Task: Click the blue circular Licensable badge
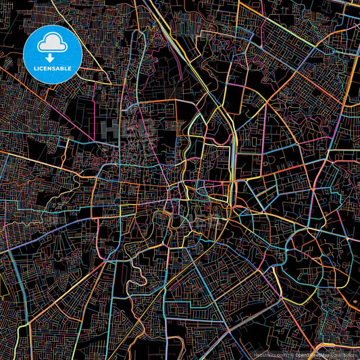click(x=53, y=55)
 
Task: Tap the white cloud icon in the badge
click(x=53, y=45)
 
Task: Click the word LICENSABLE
click(x=53, y=68)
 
